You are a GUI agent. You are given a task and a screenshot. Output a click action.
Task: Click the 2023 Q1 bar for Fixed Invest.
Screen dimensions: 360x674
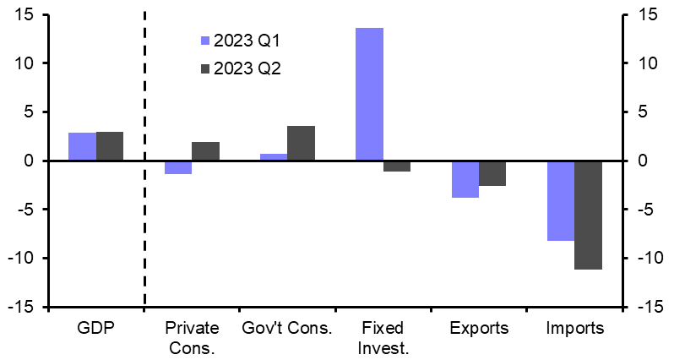coord(369,94)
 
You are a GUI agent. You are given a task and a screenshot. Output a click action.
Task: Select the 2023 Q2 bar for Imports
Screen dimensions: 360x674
coord(588,215)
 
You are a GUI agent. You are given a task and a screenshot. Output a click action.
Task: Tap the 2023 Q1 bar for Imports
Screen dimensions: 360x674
coord(561,200)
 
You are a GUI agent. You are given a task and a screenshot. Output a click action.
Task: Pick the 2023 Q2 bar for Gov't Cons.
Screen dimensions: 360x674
coord(301,143)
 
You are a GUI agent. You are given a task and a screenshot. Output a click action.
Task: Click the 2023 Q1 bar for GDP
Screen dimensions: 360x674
coord(82,146)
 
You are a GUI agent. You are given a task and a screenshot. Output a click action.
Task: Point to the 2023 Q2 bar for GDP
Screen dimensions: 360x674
coord(110,146)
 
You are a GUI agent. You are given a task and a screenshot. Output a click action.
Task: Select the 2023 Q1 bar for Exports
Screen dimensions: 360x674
coord(465,178)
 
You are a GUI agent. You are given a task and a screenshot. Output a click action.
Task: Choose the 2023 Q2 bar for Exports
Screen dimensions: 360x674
coord(492,173)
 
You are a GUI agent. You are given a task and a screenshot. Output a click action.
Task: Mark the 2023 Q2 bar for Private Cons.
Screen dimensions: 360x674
coord(205,151)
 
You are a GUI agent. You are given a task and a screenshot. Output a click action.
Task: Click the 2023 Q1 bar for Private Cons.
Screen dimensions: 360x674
coord(178,167)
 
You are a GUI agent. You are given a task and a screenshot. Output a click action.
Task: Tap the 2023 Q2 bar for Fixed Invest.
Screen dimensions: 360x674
coord(397,166)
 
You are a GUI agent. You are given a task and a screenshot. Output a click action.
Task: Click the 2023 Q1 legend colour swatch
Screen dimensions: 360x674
coord(204,40)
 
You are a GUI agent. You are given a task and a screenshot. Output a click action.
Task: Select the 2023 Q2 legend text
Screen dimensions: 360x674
coord(247,69)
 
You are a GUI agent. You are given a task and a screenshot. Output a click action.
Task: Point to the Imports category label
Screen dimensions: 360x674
coord(574,329)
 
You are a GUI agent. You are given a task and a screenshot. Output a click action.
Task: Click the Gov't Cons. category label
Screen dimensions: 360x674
coord(287,329)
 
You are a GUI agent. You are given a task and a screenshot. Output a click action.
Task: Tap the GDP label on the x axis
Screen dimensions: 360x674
coord(96,329)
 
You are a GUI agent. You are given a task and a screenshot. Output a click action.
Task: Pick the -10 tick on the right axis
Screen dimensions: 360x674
coord(646,258)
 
